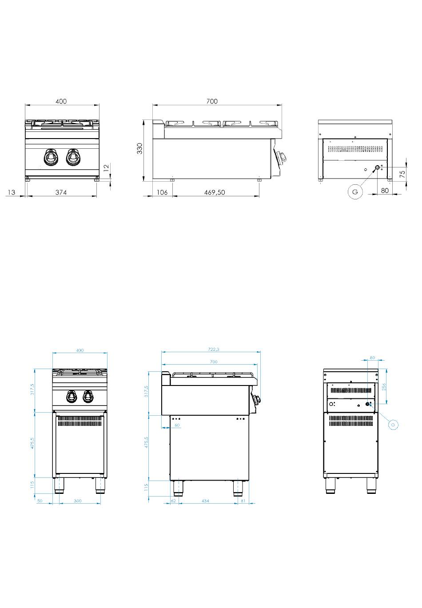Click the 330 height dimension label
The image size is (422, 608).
139,148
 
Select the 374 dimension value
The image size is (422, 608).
61,192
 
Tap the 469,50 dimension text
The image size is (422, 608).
215,192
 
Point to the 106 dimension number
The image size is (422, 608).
162,192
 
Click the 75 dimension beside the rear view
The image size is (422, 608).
402,173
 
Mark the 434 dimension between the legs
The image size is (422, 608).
205,501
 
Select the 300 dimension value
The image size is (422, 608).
77,501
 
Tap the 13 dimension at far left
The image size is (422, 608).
12,192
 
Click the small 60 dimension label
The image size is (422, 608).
177,425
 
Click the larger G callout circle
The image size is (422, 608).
354,191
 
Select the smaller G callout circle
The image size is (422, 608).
392,425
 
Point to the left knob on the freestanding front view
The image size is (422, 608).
71,396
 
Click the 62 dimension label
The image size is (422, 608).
174,501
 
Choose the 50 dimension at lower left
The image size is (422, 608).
39,501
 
